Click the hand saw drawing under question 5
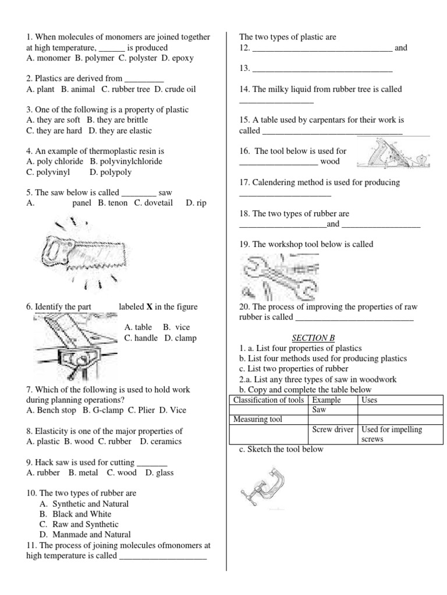(86, 253)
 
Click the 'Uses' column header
(370, 400)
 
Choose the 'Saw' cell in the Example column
(320, 410)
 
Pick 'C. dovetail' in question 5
(154, 203)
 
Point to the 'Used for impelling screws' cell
(400, 434)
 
